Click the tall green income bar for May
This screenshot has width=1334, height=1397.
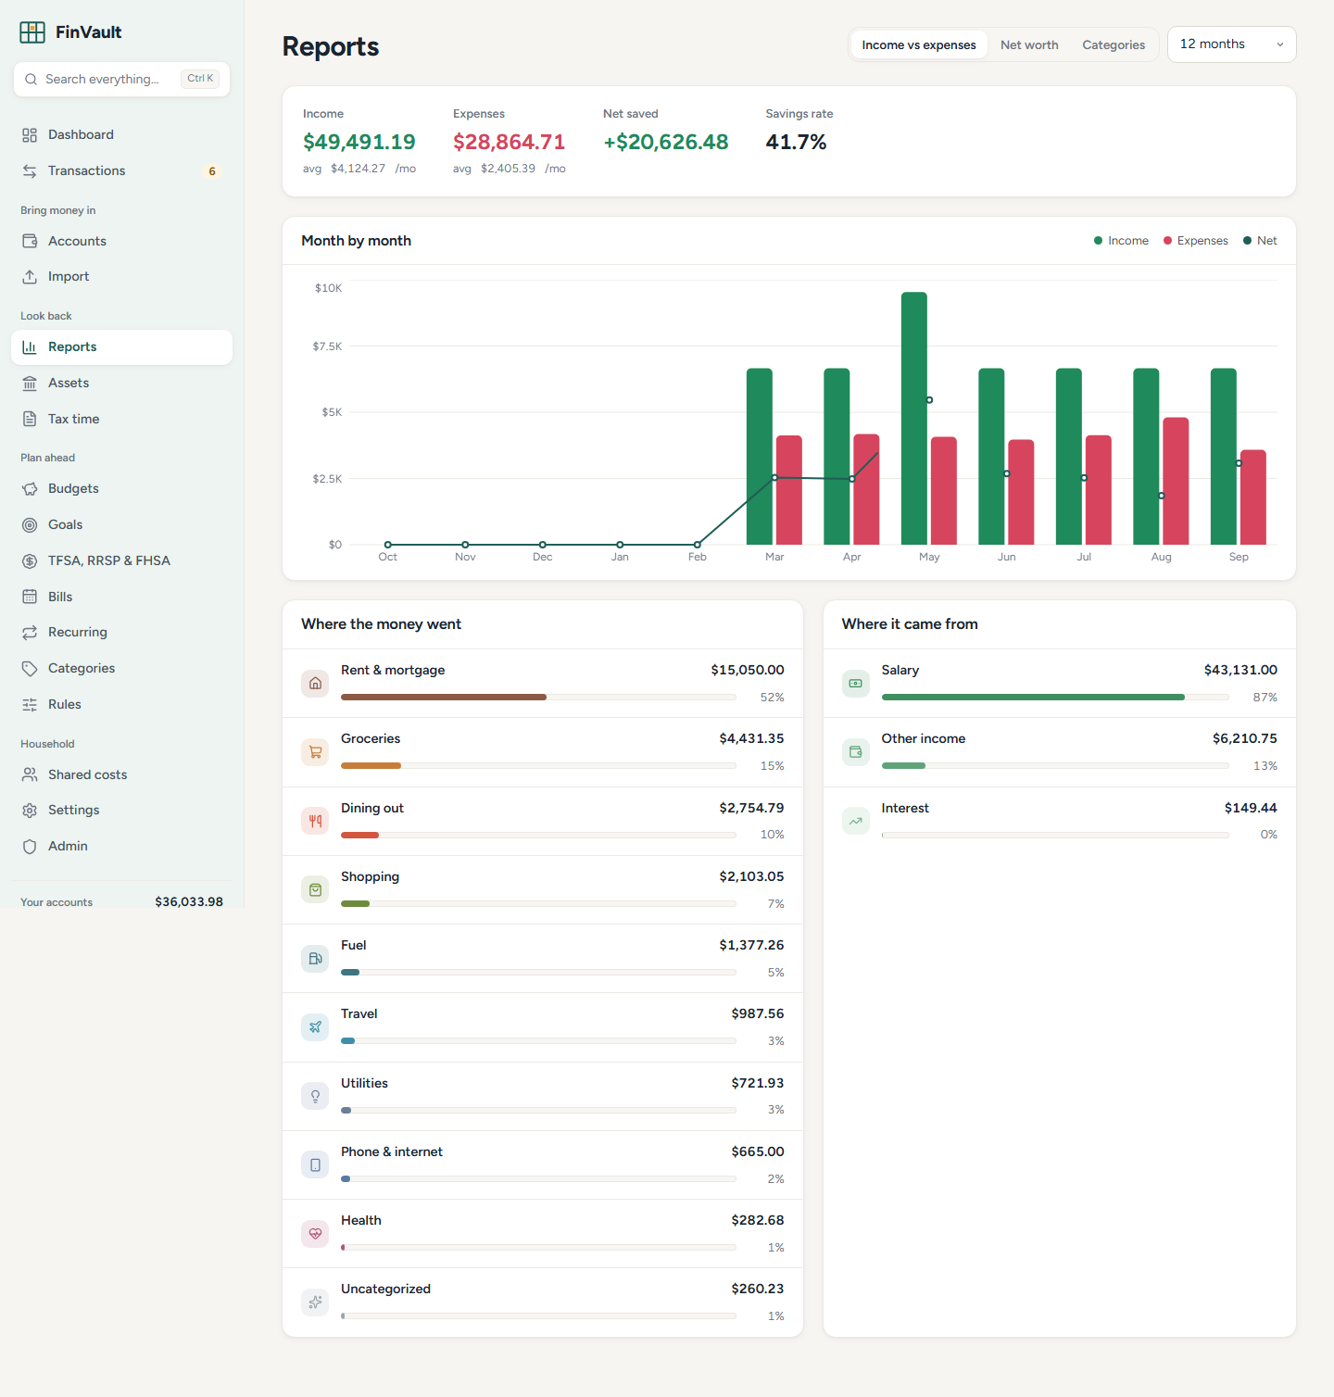pos(913,418)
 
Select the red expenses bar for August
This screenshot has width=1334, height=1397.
pos(1176,481)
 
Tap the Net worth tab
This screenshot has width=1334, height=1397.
pos(1029,44)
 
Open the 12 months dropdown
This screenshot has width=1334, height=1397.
pos(1231,44)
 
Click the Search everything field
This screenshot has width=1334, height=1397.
pos(121,79)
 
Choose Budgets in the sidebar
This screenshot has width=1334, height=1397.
pos(73,488)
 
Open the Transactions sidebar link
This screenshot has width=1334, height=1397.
pos(86,170)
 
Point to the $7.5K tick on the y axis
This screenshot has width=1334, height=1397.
pos(327,346)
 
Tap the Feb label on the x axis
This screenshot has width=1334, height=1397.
pos(698,557)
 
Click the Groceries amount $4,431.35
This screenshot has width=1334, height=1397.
pos(751,738)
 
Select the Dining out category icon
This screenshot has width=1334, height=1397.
pos(315,821)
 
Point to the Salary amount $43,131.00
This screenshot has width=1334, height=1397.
pos(1240,670)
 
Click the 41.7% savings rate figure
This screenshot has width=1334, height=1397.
pos(796,142)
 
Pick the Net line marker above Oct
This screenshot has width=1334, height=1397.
pos(388,545)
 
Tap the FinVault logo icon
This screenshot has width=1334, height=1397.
pos(32,32)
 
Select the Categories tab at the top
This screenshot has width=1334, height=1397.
pos(1114,44)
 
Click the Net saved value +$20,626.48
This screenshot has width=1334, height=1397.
pos(666,142)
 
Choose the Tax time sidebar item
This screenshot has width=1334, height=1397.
pos(73,419)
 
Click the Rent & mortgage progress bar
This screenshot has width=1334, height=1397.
pos(538,697)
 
